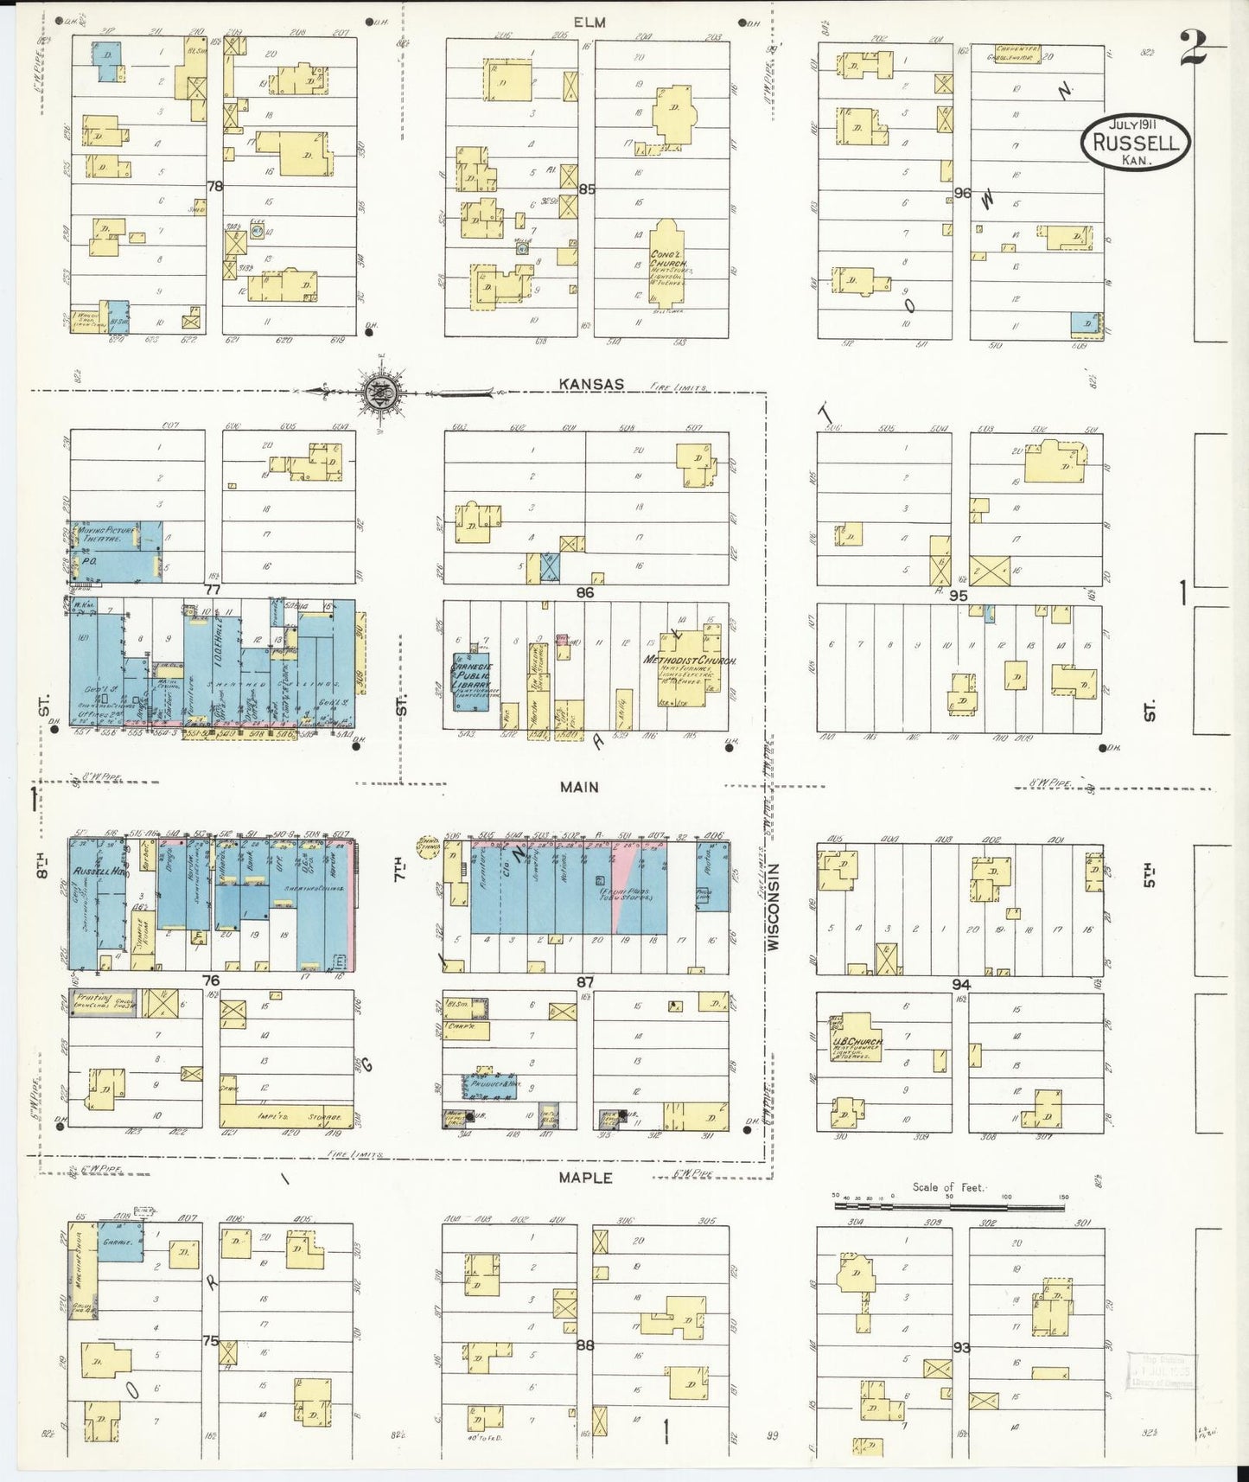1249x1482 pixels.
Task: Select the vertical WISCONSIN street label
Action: click(774, 907)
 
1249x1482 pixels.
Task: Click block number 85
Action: click(588, 188)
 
